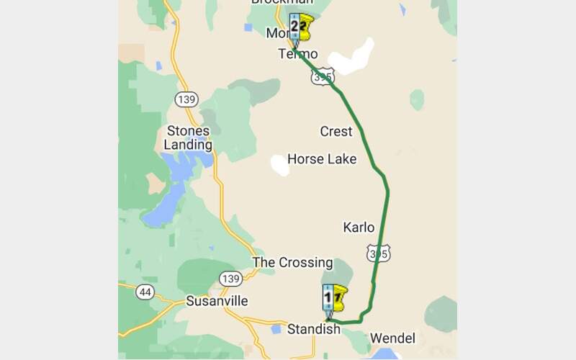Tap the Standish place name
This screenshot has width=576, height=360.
313,330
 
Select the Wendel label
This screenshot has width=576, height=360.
392,338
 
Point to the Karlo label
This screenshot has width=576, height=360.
359,228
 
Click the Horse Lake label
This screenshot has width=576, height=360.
322,158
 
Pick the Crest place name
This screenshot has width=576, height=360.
336,131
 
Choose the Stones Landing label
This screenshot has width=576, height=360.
188,138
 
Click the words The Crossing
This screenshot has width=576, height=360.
292,263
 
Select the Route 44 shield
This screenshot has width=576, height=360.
146,292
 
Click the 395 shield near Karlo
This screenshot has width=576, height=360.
378,252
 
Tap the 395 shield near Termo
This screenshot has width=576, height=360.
323,76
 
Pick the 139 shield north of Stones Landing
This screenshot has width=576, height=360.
186,99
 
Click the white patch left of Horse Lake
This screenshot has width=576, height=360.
279,164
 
